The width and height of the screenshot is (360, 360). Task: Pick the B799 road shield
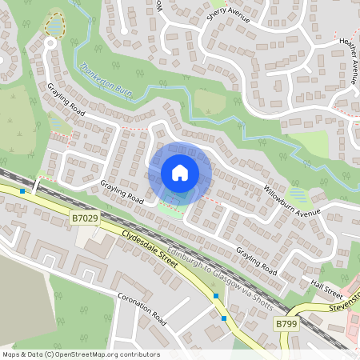[286, 324]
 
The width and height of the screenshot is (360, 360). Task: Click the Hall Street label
[326, 286]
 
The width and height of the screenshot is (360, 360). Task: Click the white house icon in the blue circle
[180, 172]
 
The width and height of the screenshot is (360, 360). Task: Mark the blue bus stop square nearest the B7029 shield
[22, 191]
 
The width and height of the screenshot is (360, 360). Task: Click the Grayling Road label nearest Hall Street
[256, 262]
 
